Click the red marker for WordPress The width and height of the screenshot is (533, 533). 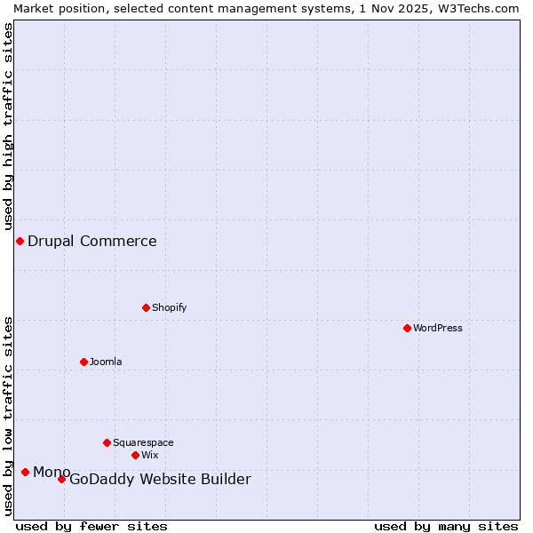tap(407, 328)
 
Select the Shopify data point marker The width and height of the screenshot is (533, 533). tap(146, 307)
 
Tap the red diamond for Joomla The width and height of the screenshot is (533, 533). tap(84, 362)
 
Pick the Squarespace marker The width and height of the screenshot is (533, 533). tap(107, 442)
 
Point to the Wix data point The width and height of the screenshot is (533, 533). tap(135, 455)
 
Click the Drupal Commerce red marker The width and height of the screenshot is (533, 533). tap(20, 241)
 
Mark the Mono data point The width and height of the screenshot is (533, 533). tap(25, 472)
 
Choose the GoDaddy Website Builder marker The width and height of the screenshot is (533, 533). tap(61, 480)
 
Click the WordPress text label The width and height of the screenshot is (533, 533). tap(438, 328)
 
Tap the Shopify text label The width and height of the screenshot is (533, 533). tap(169, 307)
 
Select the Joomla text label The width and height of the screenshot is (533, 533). tap(106, 362)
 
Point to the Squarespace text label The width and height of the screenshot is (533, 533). tap(143, 442)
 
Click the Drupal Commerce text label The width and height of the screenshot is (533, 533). tap(92, 241)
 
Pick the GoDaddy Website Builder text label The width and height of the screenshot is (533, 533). tap(160, 480)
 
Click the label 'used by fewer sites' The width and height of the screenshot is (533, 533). tap(91, 526)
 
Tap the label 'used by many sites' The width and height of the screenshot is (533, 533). tap(446, 526)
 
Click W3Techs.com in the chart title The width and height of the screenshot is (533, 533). tap(477, 8)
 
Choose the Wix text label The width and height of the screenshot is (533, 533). tap(149, 455)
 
